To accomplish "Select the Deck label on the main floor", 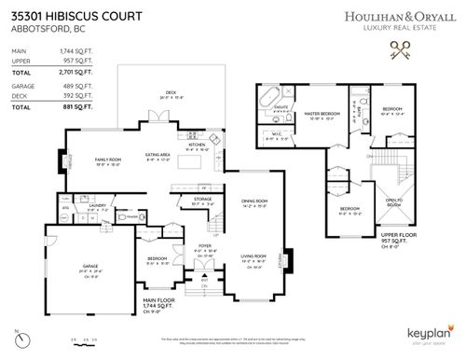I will pyautogui.click(x=172, y=91).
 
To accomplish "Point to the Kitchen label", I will pyautogui.click(x=197, y=145).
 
